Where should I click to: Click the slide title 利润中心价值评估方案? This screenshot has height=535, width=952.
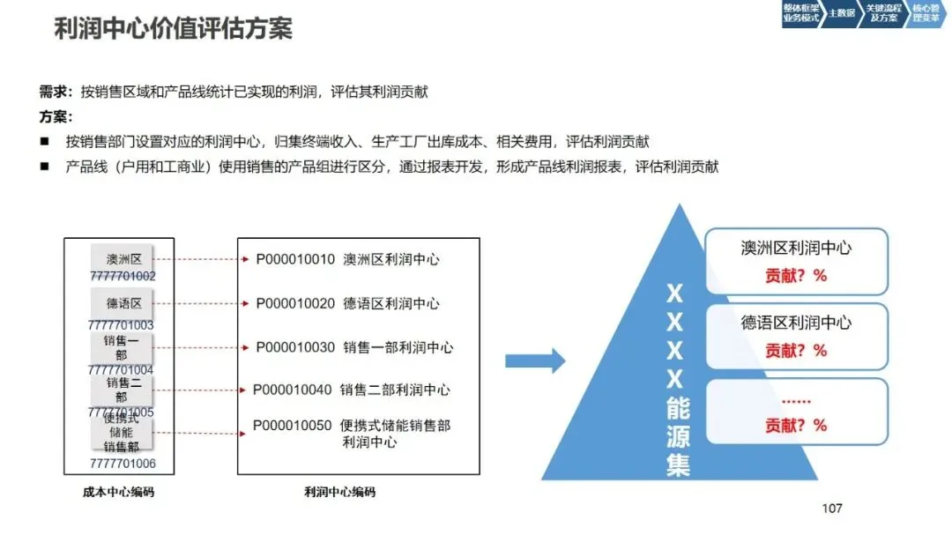[173, 28]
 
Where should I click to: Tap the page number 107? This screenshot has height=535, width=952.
[831, 508]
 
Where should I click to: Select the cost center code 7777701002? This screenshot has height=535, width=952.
[123, 276]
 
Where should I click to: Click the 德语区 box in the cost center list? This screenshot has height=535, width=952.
[123, 303]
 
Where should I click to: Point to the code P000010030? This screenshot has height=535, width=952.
[295, 347]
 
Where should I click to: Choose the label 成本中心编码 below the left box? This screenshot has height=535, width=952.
[113, 492]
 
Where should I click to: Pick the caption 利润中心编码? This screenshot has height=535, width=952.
[339, 492]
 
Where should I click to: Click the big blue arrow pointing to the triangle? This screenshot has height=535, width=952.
[534, 360]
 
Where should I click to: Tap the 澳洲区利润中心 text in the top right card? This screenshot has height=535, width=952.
[796, 249]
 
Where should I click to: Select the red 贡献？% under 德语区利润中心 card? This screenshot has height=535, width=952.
[796, 350]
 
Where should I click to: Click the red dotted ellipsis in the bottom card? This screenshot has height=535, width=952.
[796, 402]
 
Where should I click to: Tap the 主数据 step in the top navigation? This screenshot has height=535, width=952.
[842, 13]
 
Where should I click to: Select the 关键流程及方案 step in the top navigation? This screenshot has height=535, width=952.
[882, 13]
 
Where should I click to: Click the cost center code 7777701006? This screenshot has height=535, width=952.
[123, 464]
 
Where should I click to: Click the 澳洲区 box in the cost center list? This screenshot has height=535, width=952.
[123, 259]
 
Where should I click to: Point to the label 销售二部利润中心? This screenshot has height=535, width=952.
[395, 390]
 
